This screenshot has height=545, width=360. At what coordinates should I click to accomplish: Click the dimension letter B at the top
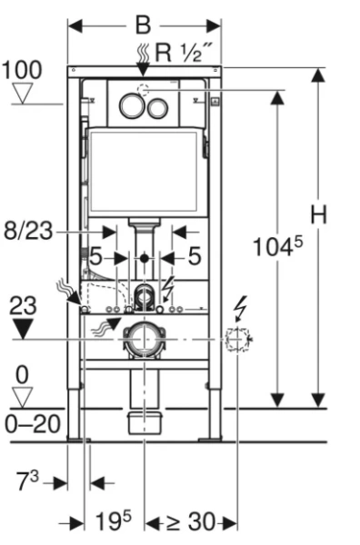pos(143,25)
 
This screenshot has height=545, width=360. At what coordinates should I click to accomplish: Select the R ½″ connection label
pos(183,53)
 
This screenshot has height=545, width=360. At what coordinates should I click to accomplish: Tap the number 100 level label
pos(22,70)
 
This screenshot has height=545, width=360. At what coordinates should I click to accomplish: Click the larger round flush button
pos(132,105)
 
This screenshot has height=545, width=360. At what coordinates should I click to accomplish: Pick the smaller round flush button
pos(157,108)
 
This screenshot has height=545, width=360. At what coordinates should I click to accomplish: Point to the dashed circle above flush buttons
pos(144,90)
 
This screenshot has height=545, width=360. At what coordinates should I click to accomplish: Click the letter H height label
pos(318,214)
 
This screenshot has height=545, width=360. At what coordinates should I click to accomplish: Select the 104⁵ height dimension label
pos(277,246)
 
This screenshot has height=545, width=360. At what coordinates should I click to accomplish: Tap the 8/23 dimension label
pos(28,231)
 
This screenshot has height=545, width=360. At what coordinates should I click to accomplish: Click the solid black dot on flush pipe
pos(145,258)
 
